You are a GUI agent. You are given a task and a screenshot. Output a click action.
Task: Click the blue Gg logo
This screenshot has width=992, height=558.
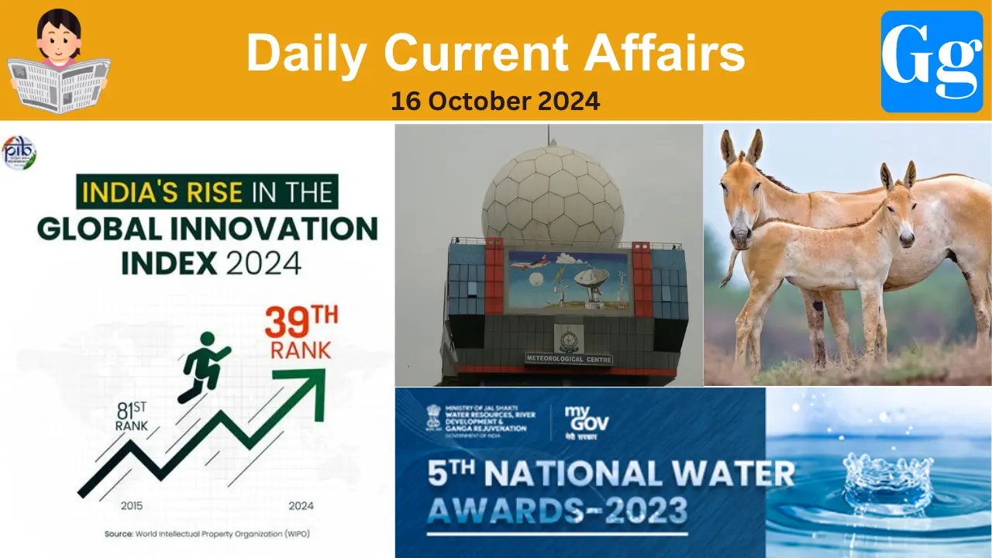coord(932,61)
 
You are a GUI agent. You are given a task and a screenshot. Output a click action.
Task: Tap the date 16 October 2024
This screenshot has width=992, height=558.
coord(495,101)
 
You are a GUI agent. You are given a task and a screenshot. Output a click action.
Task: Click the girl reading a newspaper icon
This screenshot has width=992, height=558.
coord(59,62)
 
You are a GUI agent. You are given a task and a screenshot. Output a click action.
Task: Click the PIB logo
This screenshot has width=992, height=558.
coord(19,153)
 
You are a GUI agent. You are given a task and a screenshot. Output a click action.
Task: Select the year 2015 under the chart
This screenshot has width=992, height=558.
coord(133,506)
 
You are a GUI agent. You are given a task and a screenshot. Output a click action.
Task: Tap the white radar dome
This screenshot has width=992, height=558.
coord(552,193)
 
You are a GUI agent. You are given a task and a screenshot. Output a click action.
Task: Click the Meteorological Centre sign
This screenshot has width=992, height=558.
coord(569,359)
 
